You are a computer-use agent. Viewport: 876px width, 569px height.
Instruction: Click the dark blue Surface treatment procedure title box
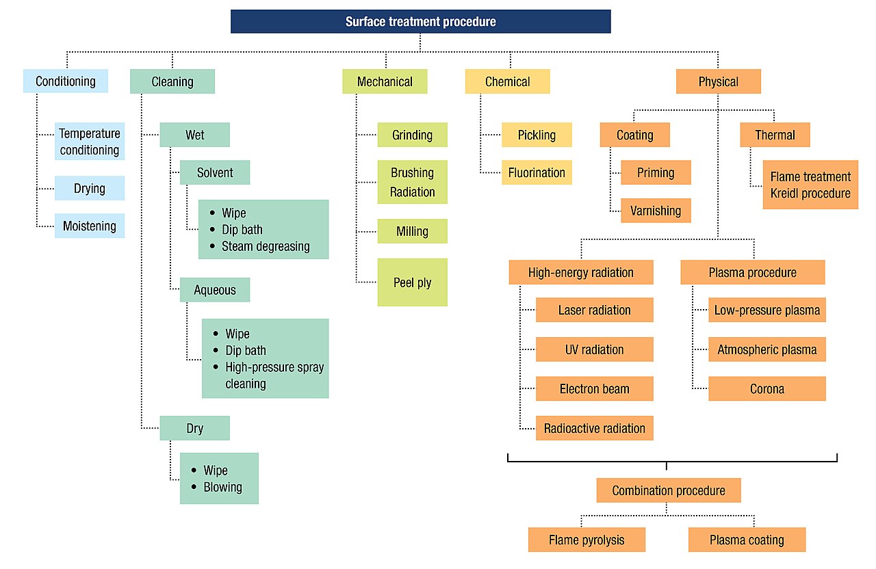(420, 21)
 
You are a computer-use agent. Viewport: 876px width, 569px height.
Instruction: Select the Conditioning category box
(66, 81)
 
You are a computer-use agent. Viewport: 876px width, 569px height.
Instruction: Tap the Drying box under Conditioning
(90, 188)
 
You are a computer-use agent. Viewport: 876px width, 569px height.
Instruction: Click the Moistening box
(90, 226)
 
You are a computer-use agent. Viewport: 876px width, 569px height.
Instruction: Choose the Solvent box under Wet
(215, 172)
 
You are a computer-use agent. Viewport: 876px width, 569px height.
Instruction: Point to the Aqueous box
(215, 290)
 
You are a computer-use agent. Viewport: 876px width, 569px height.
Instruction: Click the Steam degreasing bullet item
(266, 247)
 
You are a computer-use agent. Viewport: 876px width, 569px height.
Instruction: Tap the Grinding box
(412, 135)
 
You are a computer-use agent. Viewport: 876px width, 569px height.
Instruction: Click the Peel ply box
(412, 282)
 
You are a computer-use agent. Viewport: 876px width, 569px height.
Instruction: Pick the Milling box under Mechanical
(412, 231)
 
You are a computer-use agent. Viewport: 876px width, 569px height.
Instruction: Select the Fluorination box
(537, 172)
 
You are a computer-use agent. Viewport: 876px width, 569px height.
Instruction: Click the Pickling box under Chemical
(537, 135)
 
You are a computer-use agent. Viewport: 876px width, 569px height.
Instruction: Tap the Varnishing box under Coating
(656, 211)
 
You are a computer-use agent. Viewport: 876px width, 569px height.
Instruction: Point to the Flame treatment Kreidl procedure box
(810, 185)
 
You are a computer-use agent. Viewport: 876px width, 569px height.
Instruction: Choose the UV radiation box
(595, 349)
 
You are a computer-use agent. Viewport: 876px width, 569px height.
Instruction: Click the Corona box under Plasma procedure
(767, 389)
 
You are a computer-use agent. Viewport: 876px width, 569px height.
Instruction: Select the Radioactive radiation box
(595, 428)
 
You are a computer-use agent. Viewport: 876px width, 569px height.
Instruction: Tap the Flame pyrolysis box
(587, 540)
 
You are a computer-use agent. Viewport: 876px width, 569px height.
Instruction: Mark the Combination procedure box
(669, 490)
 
